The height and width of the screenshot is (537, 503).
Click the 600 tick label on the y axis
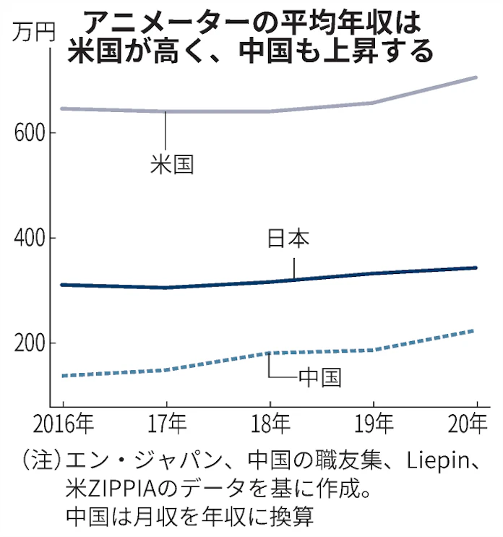coord(27,134)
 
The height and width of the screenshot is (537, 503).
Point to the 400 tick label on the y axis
coord(27,239)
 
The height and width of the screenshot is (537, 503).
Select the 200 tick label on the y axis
coord(27,343)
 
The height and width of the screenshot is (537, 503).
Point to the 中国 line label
coord(319,377)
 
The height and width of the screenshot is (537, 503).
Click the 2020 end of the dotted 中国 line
coord(476,331)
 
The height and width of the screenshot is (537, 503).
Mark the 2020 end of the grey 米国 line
coord(476,77)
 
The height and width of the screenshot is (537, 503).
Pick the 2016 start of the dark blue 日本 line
coord(63,285)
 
